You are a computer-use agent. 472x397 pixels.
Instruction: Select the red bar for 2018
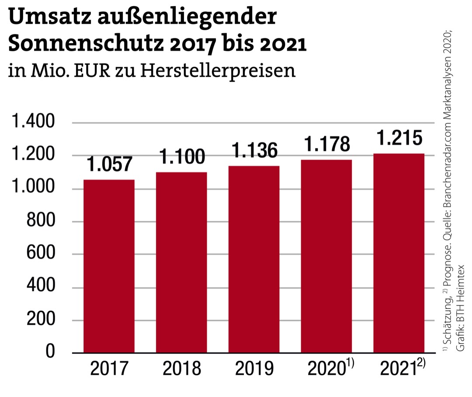click(x=181, y=262)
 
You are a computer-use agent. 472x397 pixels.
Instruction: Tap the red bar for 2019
click(x=254, y=259)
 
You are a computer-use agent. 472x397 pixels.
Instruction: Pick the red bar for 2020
click(x=326, y=256)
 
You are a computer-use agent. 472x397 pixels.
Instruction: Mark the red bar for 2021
click(x=399, y=253)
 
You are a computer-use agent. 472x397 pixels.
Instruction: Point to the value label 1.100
click(x=181, y=157)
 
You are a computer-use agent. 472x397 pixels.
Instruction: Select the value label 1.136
click(x=254, y=151)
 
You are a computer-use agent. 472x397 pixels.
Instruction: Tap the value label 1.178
click(x=326, y=144)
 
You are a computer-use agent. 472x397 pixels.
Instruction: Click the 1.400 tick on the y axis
click(x=33, y=122)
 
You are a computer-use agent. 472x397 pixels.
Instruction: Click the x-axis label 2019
click(x=254, y=369)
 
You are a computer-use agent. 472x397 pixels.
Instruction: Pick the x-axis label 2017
click(x=109, y=369)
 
